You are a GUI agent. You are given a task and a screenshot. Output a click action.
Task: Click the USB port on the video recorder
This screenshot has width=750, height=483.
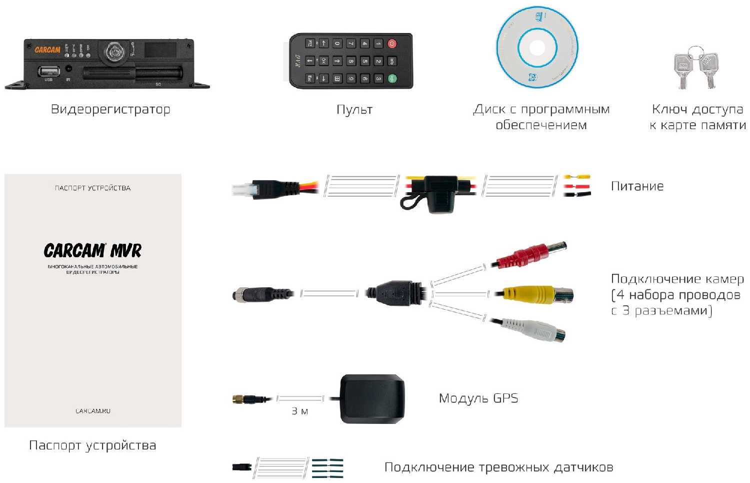[48, 71]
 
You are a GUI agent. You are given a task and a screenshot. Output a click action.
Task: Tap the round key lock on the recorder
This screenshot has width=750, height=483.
[115, 52]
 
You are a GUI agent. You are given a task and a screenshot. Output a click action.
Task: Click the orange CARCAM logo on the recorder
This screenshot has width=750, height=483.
[47, 50]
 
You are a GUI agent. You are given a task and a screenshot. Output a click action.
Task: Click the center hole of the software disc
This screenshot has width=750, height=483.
[536, 48]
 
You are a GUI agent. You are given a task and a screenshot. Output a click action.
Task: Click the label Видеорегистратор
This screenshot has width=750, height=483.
[110, 110]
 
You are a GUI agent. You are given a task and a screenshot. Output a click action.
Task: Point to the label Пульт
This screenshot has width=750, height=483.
[354, 110]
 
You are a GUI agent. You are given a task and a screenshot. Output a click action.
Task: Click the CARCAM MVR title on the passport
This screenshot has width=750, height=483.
[92, 250]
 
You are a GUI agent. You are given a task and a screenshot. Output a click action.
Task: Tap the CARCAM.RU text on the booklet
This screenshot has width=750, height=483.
[93, 411]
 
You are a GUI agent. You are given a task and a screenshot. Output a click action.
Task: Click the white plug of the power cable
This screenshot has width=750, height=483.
[243, 190]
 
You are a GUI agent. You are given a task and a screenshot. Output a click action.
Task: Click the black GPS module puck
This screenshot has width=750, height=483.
[372, 399]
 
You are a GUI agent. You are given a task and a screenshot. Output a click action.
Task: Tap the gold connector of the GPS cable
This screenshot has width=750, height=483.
[238, 399]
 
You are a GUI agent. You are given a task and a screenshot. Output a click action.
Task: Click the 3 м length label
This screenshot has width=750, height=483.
[300, 411]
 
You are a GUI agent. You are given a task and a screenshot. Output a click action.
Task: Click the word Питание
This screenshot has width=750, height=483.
[637, 186]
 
